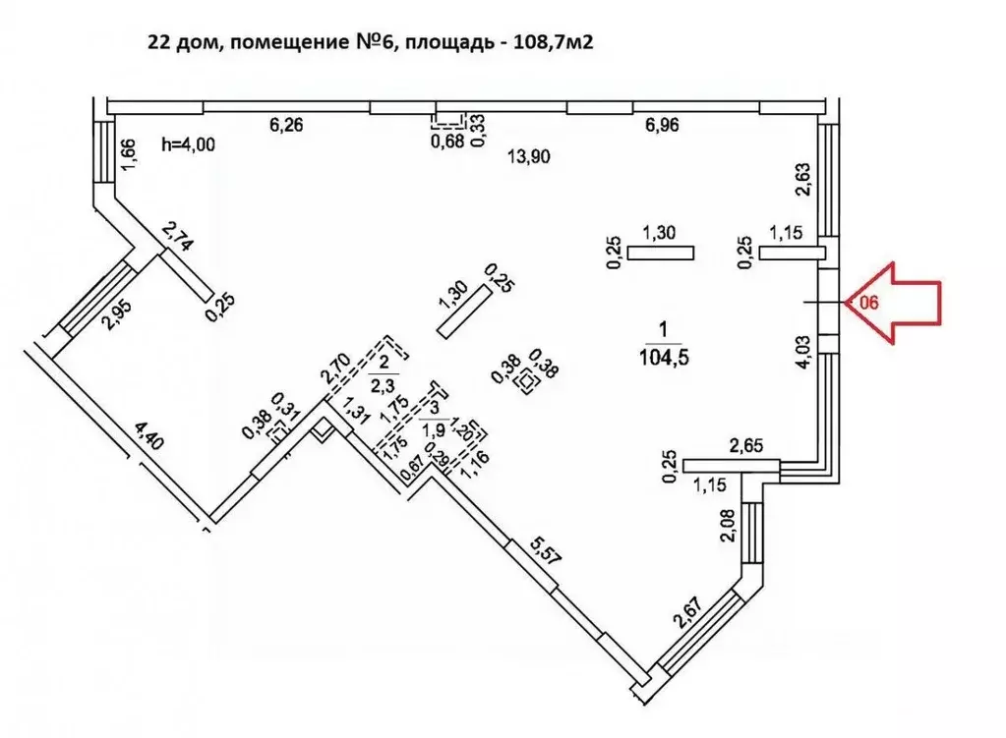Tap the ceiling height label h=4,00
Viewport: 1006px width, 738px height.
tap(187, 143)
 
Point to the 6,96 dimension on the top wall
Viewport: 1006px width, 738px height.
tap(661, 125)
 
